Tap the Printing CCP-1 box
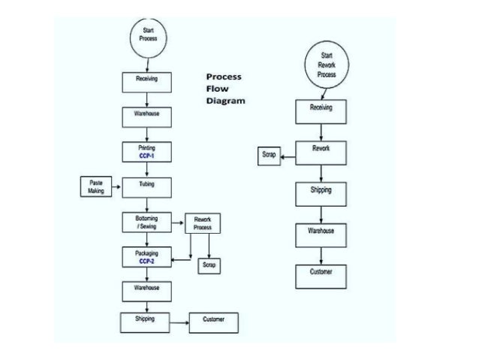click(147, 151)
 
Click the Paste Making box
click(95, 186)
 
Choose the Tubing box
click(147, 186)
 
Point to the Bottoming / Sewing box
click(147, 222)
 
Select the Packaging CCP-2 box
click(147, 257)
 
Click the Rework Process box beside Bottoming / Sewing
click(203, 223)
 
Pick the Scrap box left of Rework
click(269, 155)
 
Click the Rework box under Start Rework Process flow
click(321, 150)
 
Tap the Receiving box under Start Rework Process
click(321, 110)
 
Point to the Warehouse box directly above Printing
click(147, 116)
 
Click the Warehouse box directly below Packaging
click(147, 290)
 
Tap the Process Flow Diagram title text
click(225, 89)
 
